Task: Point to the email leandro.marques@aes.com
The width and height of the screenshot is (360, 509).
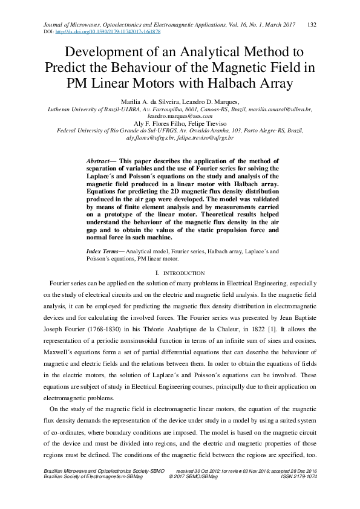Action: tap(180, 115)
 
